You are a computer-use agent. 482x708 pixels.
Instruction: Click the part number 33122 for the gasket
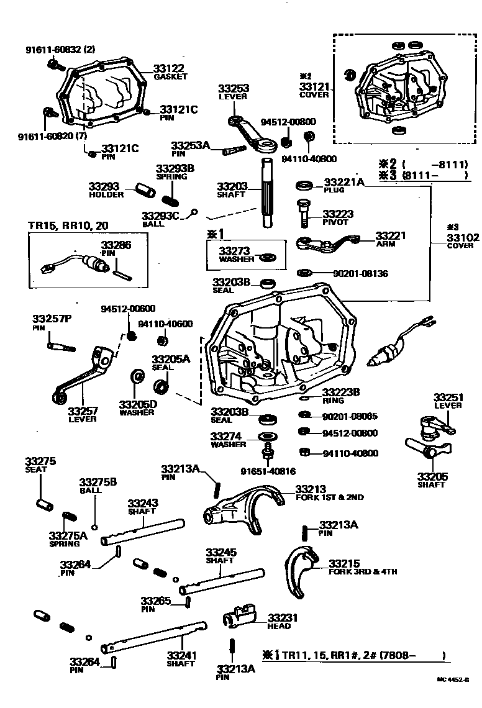tap(169, 68)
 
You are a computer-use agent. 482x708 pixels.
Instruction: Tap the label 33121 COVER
tap(314, 90)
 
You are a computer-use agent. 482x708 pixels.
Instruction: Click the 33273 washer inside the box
tap(269, 256)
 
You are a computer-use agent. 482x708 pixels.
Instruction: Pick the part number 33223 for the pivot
tap(338, 214)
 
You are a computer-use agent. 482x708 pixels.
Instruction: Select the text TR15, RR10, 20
tap(60, 225)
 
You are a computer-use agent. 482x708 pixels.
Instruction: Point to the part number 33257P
tap(52, 319)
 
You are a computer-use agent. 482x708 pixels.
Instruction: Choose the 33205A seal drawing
tap(162, 388)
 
